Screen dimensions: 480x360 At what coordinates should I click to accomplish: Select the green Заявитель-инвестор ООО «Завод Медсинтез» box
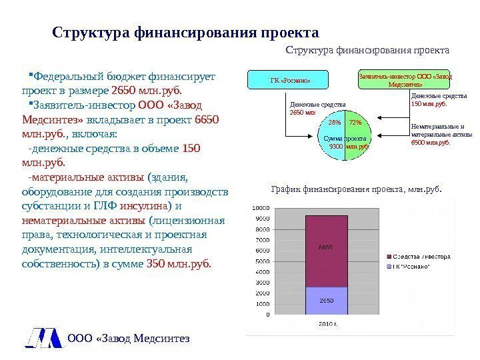pyautogui.click(x=405, y=80)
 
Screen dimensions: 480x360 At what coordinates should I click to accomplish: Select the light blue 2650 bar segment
pyautogui.click(x=327, y=300)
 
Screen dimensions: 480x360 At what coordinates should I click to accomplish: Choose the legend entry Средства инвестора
pyautogui.click(x=421, y=256)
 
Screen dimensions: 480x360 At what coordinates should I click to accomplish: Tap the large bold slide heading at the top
pyautogui.click(x=185, y=33)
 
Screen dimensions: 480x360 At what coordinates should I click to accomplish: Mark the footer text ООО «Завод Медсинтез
pyautogui.click(x=129, y=339)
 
